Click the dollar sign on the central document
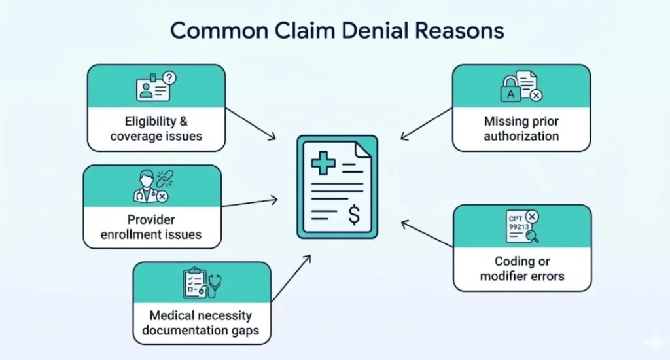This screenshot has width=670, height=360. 353,215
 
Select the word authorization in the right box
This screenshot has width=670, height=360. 521,136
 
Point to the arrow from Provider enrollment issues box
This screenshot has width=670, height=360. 249,202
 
